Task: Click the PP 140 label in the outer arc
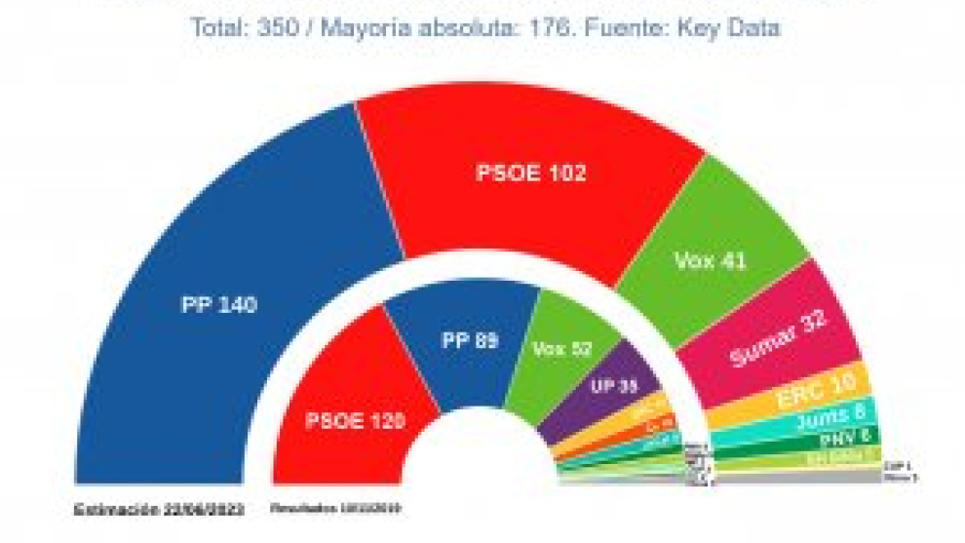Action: click(x=218, y=304)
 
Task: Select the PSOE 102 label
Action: click(x=530, y=174)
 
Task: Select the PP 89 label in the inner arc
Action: click(x=470, y=341)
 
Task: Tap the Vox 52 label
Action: click(x=562, y=348)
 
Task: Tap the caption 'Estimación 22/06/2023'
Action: click(x=157, y=509)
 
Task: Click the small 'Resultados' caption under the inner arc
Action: click(x=334, y=509)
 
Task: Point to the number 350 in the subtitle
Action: click(x=274, y=27)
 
